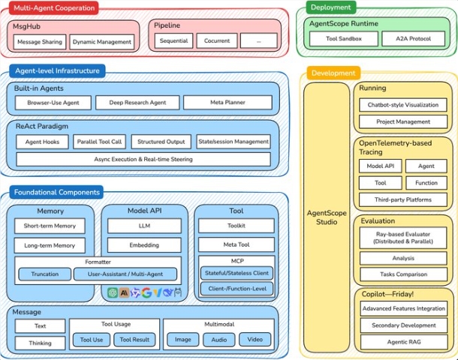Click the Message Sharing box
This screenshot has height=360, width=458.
click(39, 42)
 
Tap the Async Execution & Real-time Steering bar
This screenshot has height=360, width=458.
click(143, 159)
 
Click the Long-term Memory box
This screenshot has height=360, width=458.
click(50, 245)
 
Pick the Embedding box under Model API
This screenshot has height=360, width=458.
click(144, 244)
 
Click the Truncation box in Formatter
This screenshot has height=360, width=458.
click(45, 274)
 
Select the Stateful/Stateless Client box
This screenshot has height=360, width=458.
click(236, 272)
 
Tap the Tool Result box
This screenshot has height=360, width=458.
click(136, 340)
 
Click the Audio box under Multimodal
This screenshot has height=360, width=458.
click(218, 340)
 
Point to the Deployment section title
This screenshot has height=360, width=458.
click(331, 8)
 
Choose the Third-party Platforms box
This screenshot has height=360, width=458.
click(403, 199)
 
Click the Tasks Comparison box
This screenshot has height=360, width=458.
click(403, 274)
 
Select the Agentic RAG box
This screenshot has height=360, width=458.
click(403, 342)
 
